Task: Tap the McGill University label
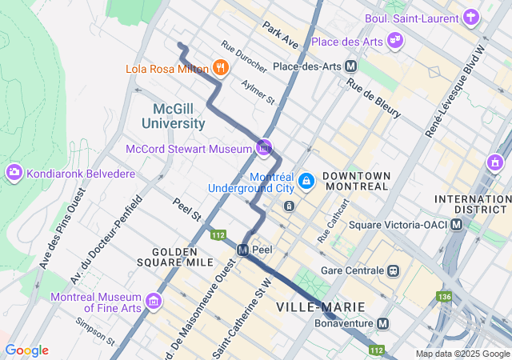tap(174, 116)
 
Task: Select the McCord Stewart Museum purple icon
tap(264, 147)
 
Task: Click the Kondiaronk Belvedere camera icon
tap(14, 173)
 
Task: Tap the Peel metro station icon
tap(242, 250)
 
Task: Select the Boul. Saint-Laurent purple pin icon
tap(472, 17)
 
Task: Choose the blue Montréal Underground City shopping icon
tap(305, 182)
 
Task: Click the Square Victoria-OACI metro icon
tap(456, 224)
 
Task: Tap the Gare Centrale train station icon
tap(393, 270)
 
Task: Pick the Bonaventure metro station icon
tap(383, 324)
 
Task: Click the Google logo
tap(26, 350)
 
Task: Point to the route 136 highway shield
tap(445, 297)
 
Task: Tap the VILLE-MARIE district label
tap(320, 307)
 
